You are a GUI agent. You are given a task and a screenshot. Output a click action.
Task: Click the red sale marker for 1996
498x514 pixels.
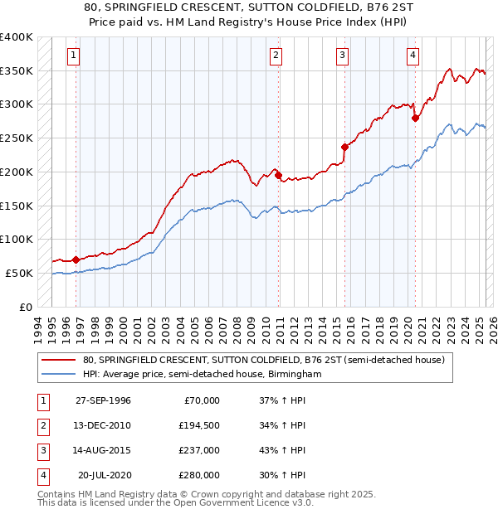tap(76, 259)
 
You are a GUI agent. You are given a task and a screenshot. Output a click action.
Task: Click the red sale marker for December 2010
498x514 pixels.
tap(278, 175)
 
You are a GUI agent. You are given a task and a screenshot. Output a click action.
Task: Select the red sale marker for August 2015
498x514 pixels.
tap(344, 147)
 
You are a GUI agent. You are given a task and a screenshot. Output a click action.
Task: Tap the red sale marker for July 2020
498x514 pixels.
tap(415, 118)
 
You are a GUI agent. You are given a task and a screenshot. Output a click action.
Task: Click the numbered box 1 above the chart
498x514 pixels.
tap(74, 56)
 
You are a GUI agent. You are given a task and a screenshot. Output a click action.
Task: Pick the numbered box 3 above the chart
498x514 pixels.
tap(342, 56)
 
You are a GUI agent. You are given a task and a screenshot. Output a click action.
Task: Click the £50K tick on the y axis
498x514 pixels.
tap(20, 273)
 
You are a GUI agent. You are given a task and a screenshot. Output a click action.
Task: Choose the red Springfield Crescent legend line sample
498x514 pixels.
tap(58, 360)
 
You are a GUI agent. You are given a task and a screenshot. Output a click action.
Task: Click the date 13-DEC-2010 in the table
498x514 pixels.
tap(103, 425)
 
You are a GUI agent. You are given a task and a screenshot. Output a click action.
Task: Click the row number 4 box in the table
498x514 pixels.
tap(41, 475)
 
